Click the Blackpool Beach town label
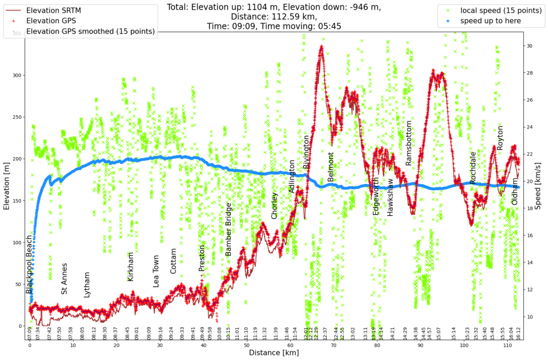pos(29,264)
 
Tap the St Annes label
pos(64,279)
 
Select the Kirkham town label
pos(131,267)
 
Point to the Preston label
pos(202,258)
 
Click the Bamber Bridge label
pos(229,229)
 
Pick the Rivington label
pos(306,152)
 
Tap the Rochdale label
pos(473,168)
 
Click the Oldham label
pos(515,192)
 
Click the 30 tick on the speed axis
pos(530,46)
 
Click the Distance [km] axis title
pos(274,353)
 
